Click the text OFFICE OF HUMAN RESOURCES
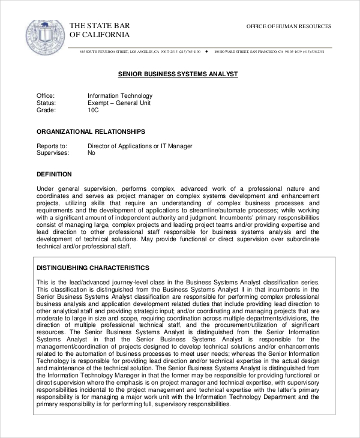click(x=289, y=27)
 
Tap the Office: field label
click(x=46, y=95)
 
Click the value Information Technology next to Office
click(x=120, y=95)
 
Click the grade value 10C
click(x=93, y=110)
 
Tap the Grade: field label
click(x=46, y=110)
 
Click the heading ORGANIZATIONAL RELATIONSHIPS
click(x=91, y=131)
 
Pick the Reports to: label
click(x=52, y=146)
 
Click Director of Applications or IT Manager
click(x=140, y=146)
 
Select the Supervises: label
click(x=53, y=153)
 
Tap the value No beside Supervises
click(x=92, y=153)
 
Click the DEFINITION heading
click(x=54, y=174)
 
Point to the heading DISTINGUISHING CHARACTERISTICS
click(x=93, y=267)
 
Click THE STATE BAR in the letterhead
click(x=100, y=26)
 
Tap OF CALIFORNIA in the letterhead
click(x=100, y=36)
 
